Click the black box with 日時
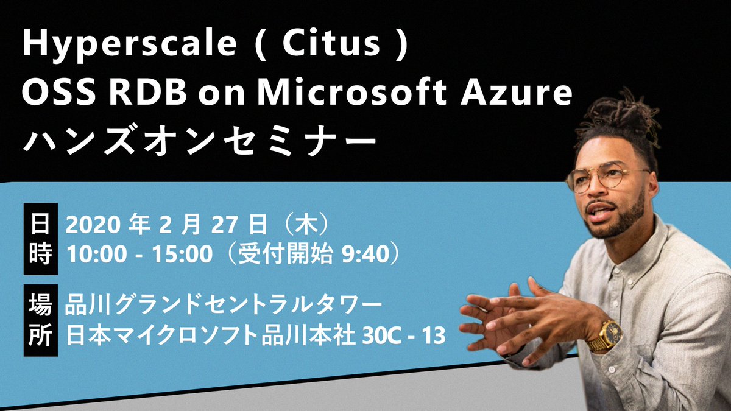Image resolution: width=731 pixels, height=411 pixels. pos(40,240)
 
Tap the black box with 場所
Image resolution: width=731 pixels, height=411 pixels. pos(40,320)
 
